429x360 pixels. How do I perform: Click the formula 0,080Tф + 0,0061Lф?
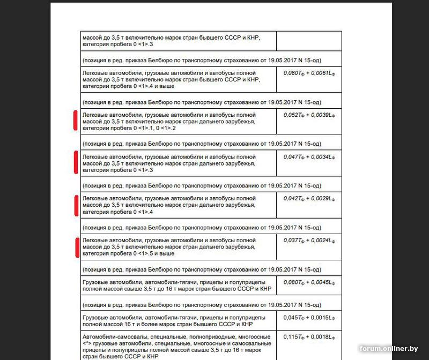point(309,72)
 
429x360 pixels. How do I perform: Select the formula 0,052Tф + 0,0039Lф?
point(309,114)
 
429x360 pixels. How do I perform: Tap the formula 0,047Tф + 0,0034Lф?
point(309,156)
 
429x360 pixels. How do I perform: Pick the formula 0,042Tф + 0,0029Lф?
point(309,198)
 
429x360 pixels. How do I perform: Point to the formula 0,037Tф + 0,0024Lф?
point(309,240)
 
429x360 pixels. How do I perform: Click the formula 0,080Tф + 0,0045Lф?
point(309,282)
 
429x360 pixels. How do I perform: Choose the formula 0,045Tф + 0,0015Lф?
point(309,317)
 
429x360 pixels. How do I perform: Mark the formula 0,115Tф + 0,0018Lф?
point(309,336)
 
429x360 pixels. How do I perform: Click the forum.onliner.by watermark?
point(389,349)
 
